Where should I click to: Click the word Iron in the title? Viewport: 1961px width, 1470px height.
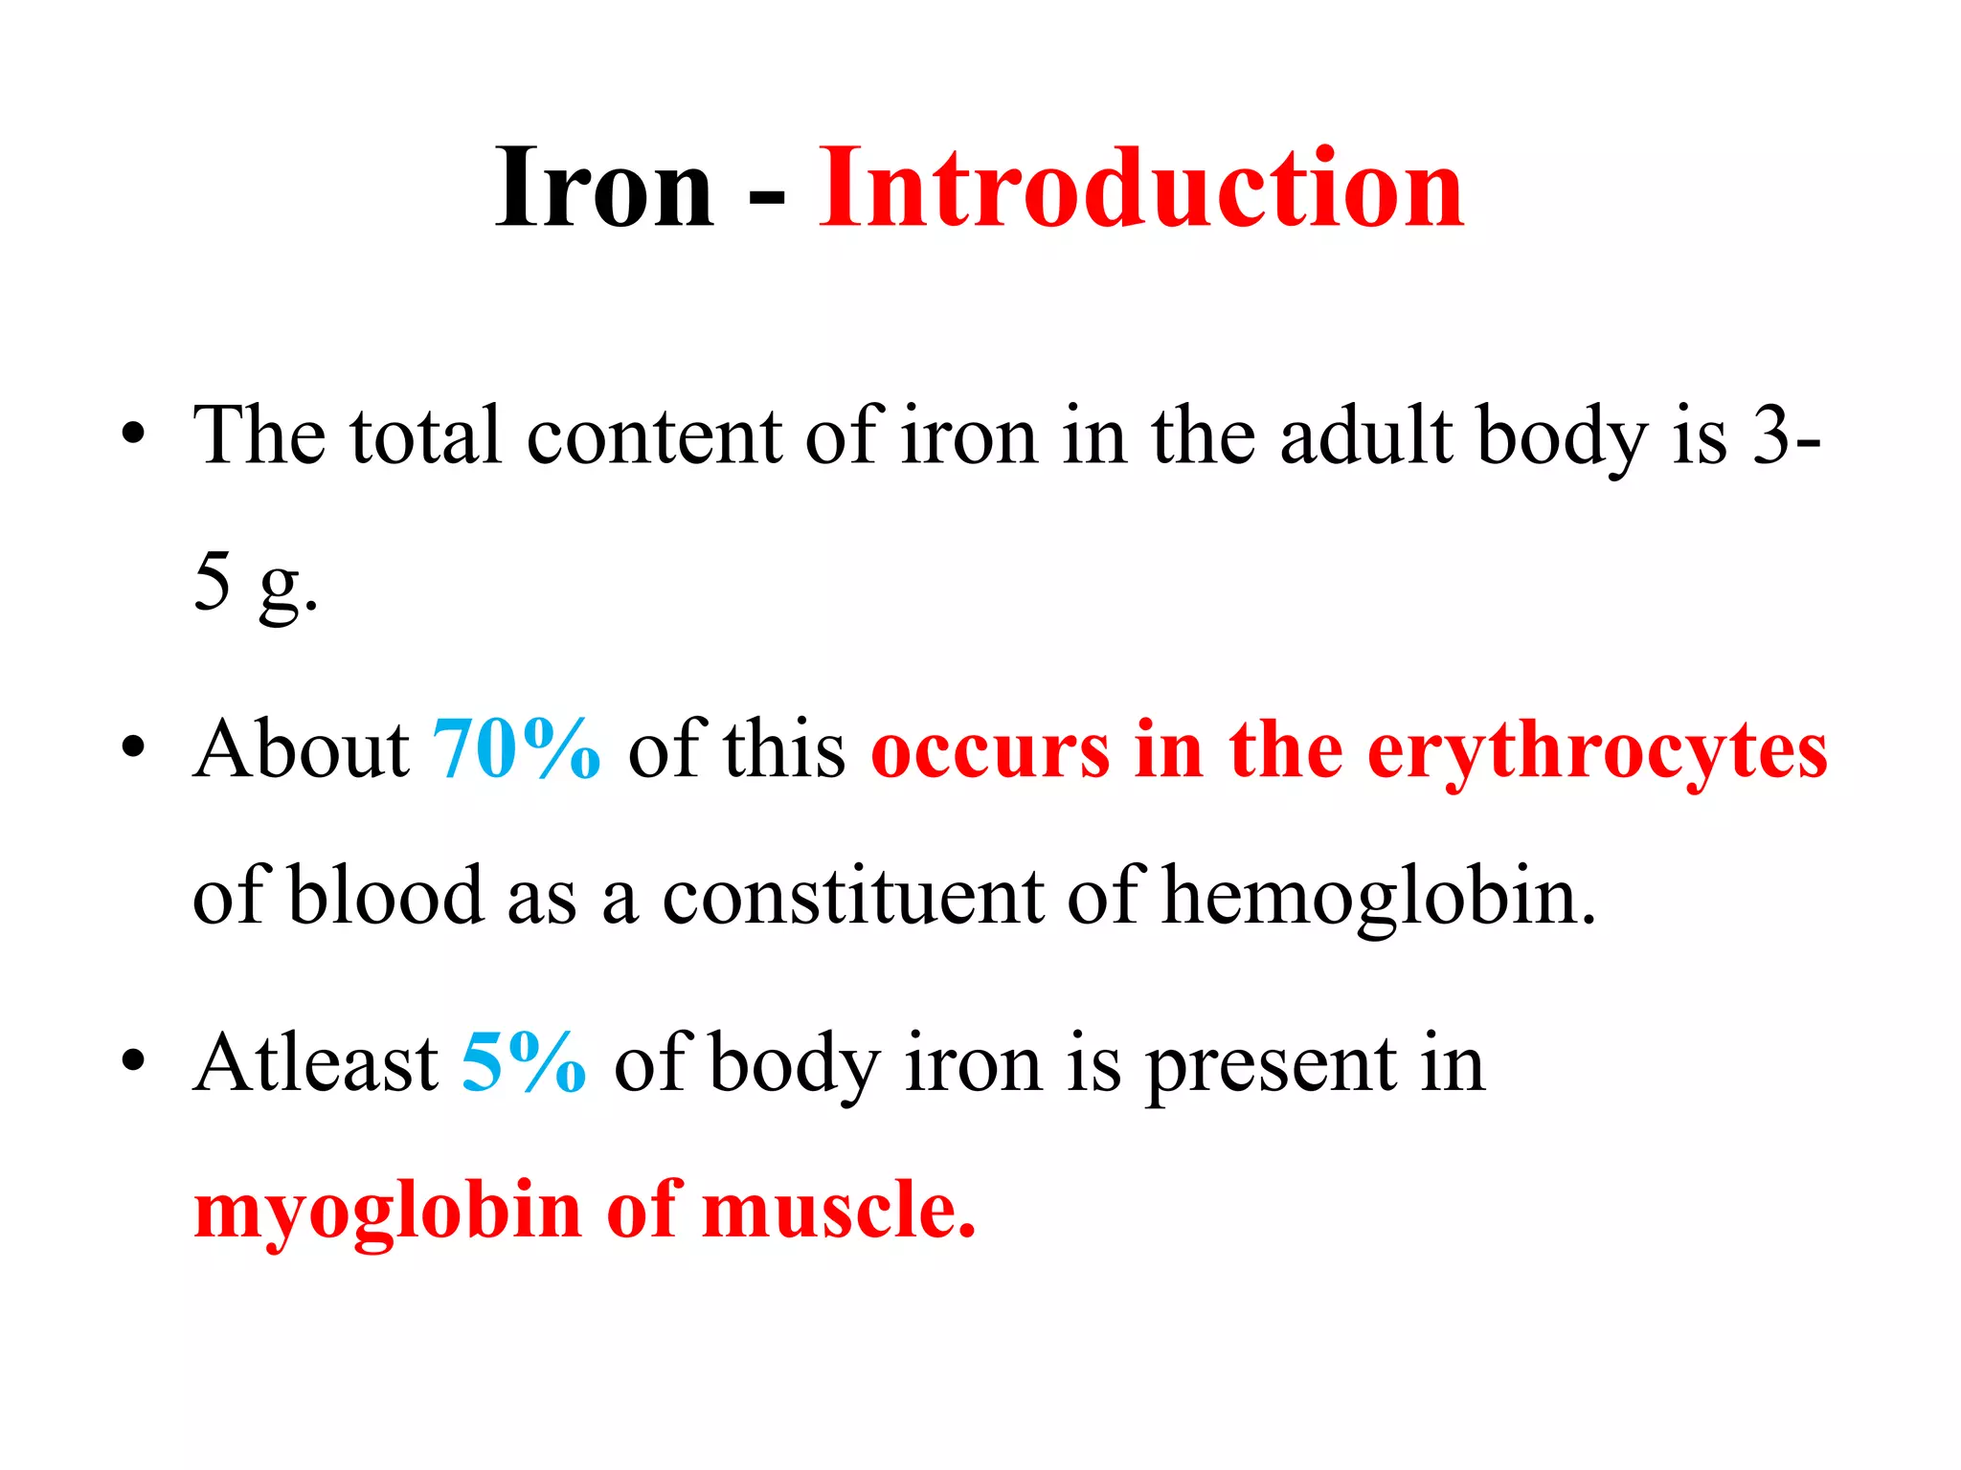604,188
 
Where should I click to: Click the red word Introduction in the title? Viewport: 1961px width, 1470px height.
1140,188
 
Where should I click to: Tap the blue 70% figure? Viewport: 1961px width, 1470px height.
517,749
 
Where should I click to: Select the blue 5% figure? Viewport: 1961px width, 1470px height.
523,1063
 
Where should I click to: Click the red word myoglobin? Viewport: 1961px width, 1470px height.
388,1212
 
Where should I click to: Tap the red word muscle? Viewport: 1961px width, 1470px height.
838,1210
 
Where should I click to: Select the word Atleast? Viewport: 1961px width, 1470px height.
316,1063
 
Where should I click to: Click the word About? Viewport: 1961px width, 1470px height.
302,749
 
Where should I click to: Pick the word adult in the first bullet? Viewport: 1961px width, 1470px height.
1366,435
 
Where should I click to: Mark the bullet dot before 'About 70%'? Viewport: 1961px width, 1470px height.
134,749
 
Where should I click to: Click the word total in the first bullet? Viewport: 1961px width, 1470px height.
425,436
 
